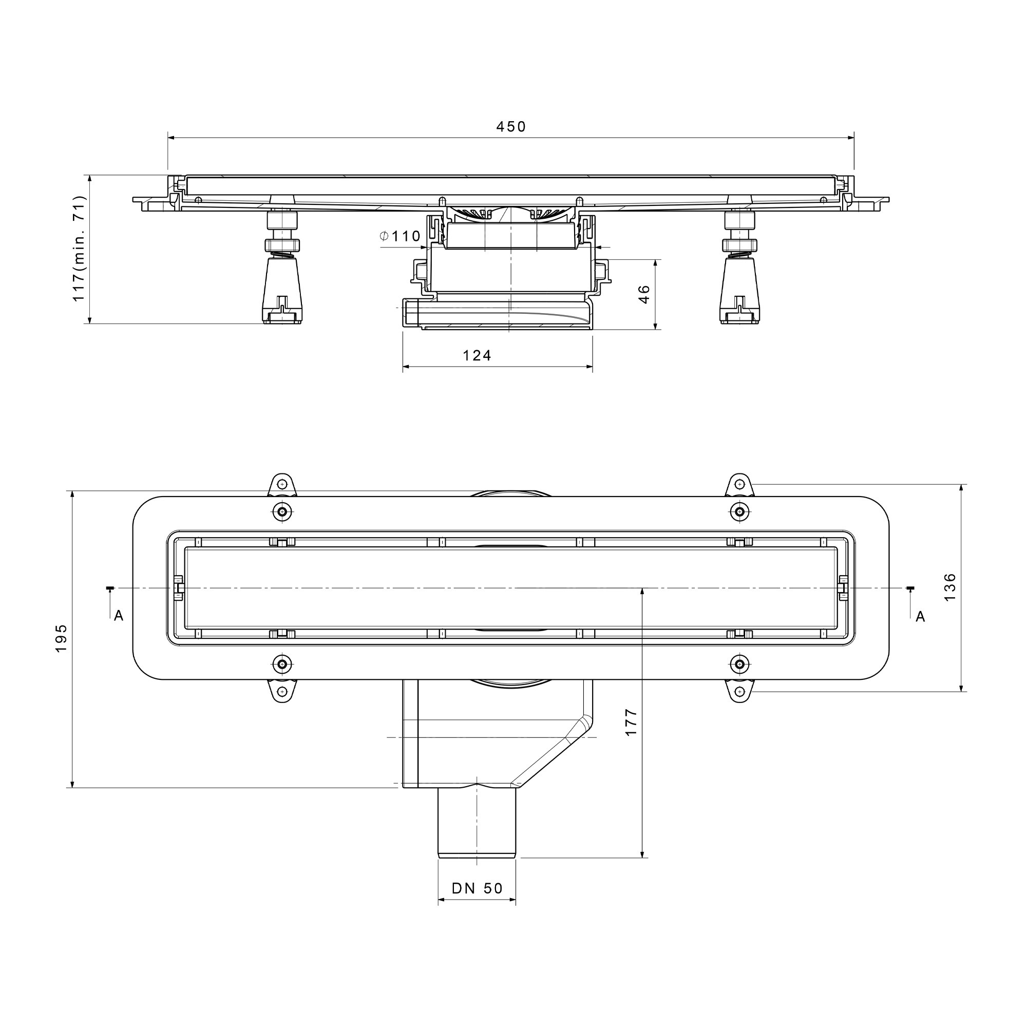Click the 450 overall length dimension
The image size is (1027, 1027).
[511, 126]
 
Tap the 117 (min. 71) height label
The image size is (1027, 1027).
[79, 248]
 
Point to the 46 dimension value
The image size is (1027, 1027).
[644, 294]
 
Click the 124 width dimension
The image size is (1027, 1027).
[477, 355]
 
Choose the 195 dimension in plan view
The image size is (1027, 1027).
[61, 638]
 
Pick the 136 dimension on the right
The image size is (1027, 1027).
[949, 587]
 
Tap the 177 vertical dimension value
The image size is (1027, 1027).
[631, 722]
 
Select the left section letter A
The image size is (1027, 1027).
[119, 616]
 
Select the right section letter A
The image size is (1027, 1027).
[920, 616]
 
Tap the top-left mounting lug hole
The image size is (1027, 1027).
[282, 484]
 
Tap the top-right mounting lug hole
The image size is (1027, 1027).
[739, 484]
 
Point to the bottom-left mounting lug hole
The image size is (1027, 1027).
[282, 692]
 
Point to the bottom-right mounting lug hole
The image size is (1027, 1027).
[739, 692]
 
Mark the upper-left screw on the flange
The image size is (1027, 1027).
[282, 512]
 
